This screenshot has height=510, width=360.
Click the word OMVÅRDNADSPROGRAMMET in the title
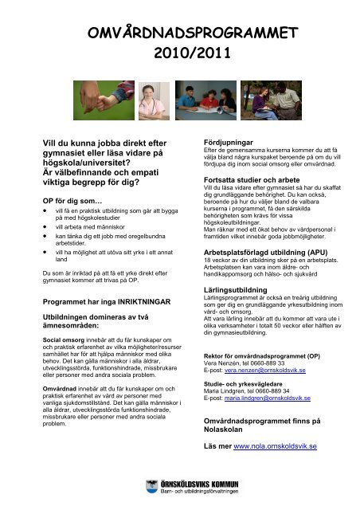(180, 33)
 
